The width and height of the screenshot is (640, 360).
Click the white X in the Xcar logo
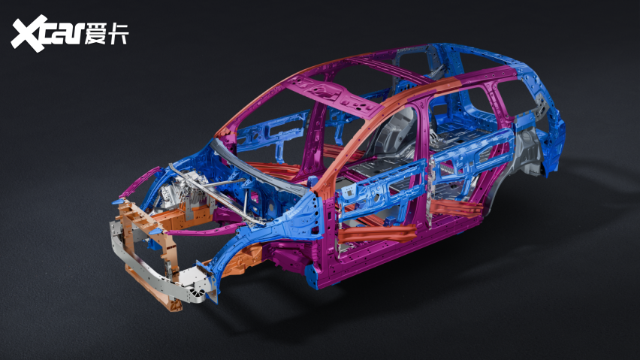[x=29, y=33]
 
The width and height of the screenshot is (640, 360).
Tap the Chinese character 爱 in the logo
[x=95, y=33]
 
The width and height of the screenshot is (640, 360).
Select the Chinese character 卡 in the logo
[x=118, y=33]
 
